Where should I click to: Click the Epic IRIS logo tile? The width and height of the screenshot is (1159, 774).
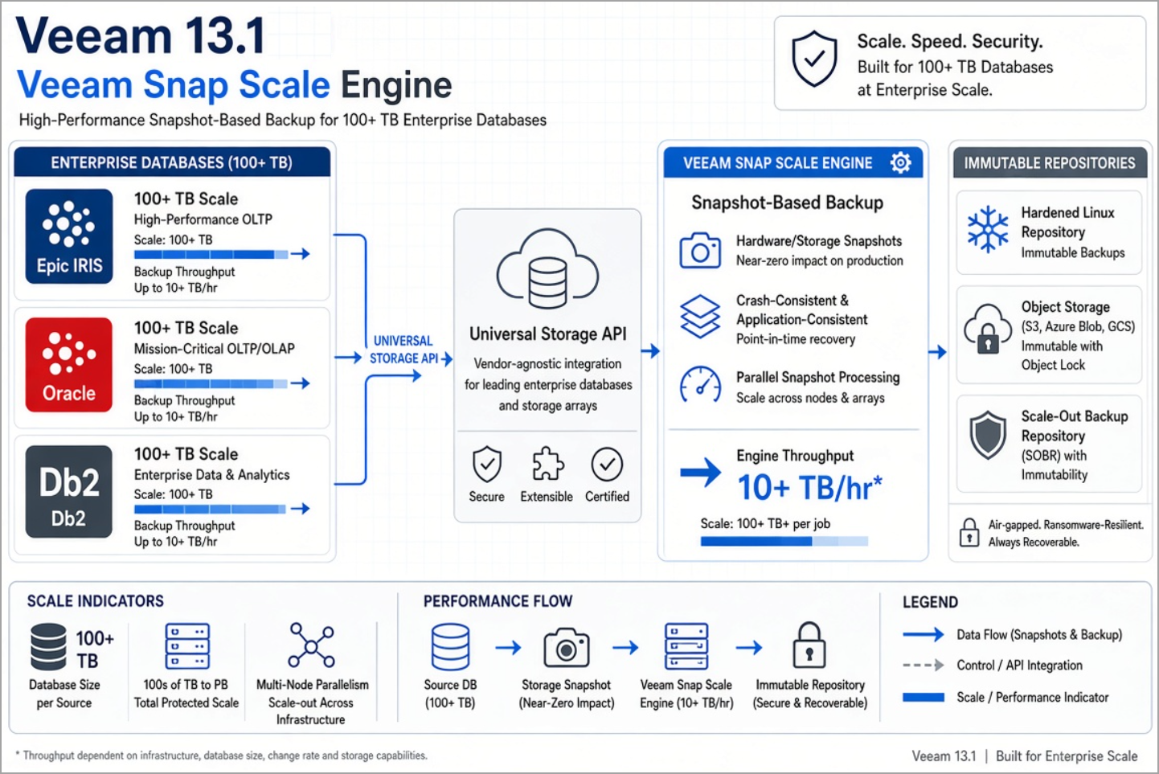(69, 236)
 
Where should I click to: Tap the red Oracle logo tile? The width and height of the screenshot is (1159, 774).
(69, 365)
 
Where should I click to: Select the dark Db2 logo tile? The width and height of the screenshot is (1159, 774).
(69, 492)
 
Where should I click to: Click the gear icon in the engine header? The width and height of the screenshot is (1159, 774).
(901, 162)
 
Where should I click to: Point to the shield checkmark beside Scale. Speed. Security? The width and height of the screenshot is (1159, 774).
(814, 59)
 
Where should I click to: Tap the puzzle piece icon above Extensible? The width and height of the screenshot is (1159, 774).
(547, 464)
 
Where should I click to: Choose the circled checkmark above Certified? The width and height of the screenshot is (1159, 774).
(607, 464)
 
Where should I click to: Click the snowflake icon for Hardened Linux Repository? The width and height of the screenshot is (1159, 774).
(988, 229)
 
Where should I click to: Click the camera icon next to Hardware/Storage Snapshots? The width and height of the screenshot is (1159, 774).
(700, 251)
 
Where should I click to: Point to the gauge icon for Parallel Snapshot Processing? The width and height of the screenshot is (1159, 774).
(700, 385)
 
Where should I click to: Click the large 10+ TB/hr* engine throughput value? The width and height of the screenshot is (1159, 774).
(809, 487)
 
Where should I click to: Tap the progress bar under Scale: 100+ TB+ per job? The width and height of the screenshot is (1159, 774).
(784, 541)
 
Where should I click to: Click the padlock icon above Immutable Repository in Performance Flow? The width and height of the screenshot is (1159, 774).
(809, 645)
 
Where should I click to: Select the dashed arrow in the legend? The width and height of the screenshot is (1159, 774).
(923, 665)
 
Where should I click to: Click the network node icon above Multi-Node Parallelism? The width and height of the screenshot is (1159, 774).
(312, 645)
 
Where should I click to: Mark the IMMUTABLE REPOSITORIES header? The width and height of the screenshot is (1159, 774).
(1050, 163)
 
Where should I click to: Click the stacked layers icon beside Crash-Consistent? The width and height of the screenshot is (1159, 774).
(700, 317)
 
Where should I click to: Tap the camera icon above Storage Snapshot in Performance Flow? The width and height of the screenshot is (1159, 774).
(567, 647)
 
